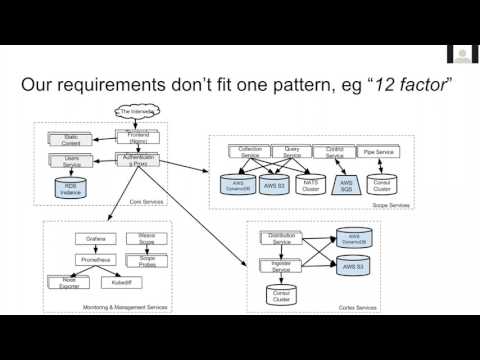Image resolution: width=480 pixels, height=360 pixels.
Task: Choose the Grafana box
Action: [92, 239]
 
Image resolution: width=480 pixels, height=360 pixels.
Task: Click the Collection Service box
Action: [243, 152]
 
